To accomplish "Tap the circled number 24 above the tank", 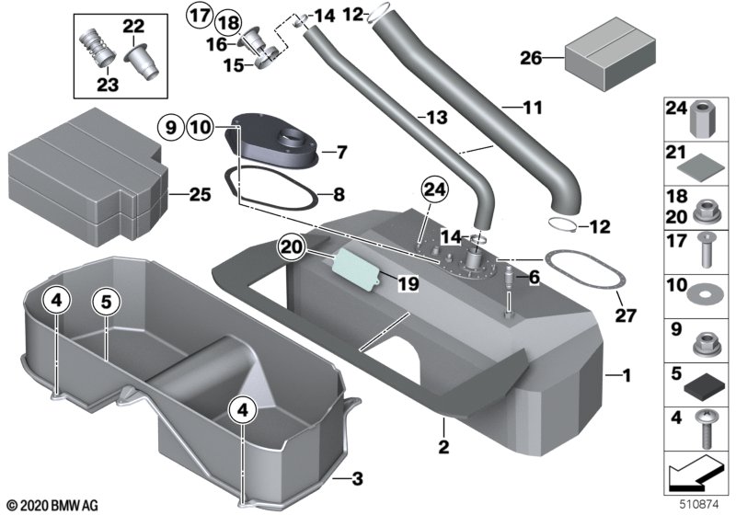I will tap(434, 191).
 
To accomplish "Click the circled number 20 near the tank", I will tap(293, 246).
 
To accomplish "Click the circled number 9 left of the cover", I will tap(170, 127).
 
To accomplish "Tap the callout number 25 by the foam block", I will tap(200, 195).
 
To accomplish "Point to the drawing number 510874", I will tap(698, 505).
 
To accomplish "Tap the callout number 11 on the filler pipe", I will tap(507, 109).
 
